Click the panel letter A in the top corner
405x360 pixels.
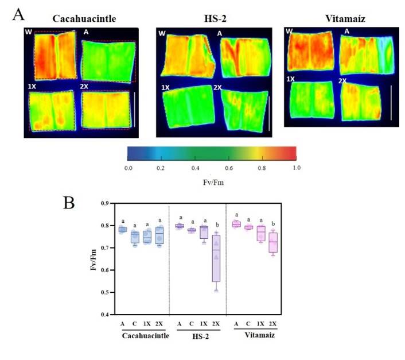18,14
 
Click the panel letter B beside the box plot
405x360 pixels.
69,203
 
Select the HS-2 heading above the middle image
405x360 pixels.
215,18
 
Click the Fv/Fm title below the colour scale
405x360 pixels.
212,180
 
